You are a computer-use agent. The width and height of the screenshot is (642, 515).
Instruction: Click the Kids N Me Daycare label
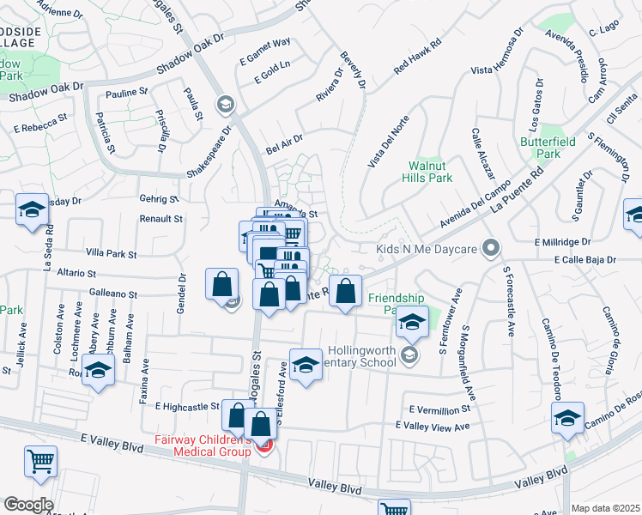(425, 250)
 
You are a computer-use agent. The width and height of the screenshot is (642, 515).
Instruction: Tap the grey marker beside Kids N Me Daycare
(491, 249)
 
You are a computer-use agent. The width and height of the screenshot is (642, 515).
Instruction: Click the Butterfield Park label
(538, 147)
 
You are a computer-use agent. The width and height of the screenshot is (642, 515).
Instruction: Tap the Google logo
(28, 504)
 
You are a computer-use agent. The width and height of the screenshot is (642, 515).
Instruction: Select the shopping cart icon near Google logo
(39, 461)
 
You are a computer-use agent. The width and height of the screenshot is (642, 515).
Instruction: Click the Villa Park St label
(112, 254)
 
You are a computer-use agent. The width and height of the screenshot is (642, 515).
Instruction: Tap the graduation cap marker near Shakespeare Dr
(226, 105)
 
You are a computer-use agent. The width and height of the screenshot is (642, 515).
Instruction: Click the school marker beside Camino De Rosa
(567, 418)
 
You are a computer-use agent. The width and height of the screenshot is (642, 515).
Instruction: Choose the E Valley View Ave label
(433, 427)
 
